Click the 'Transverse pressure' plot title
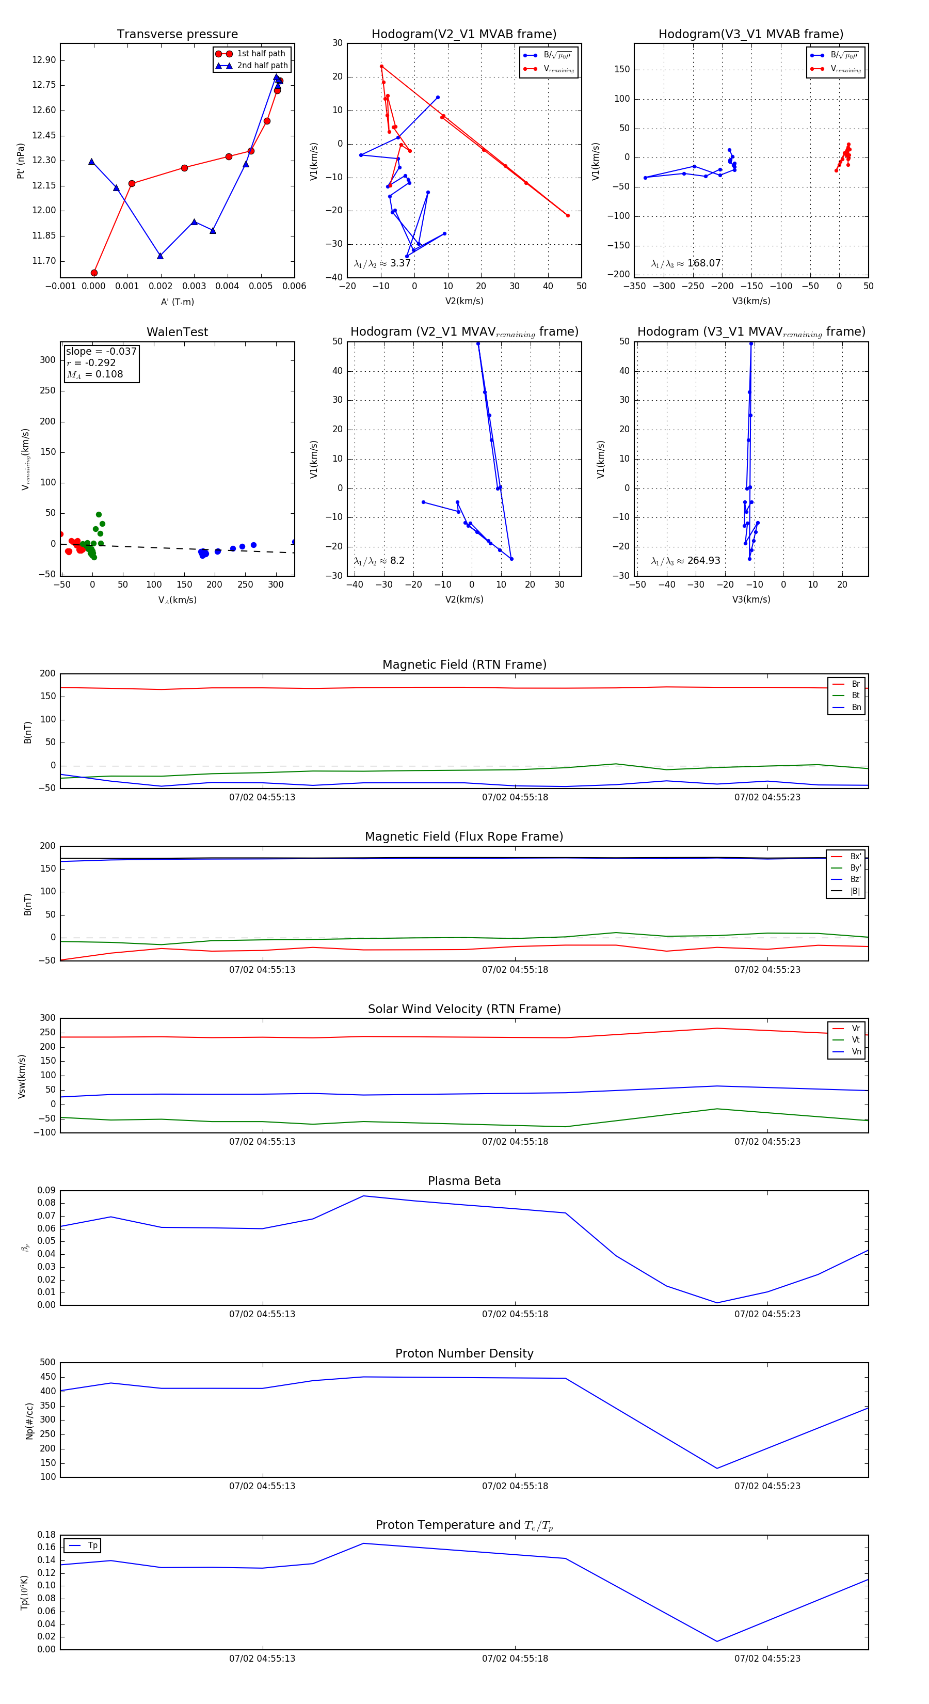click(x=177, y=35)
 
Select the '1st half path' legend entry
click(x=261, y=54)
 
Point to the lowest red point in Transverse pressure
click(x=94, y=273)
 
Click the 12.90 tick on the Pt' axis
click(x=44, y=60)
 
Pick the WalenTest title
click(x=177, y=332)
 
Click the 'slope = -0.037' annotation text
click(x=101, y=351)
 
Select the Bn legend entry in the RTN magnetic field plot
click(x=856, y=707)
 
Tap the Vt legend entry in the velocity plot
click(x=856, y=1040)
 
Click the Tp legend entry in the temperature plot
click(x=92, y=1546)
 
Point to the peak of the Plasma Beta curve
click(x=363, y=1196)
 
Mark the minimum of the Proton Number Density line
click(x=717, y=1469)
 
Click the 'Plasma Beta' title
click(x=464, y=1181)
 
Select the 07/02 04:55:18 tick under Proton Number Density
click(x=515, y=1486)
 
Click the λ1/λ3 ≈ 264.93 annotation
click(x=686, y=561)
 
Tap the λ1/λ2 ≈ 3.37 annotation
click(x=382, y=263)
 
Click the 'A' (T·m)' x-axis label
click(x=177, y=302)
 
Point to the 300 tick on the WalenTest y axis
click(x=47, y=360)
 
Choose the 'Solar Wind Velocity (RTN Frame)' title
click(x=464, y=1009)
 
